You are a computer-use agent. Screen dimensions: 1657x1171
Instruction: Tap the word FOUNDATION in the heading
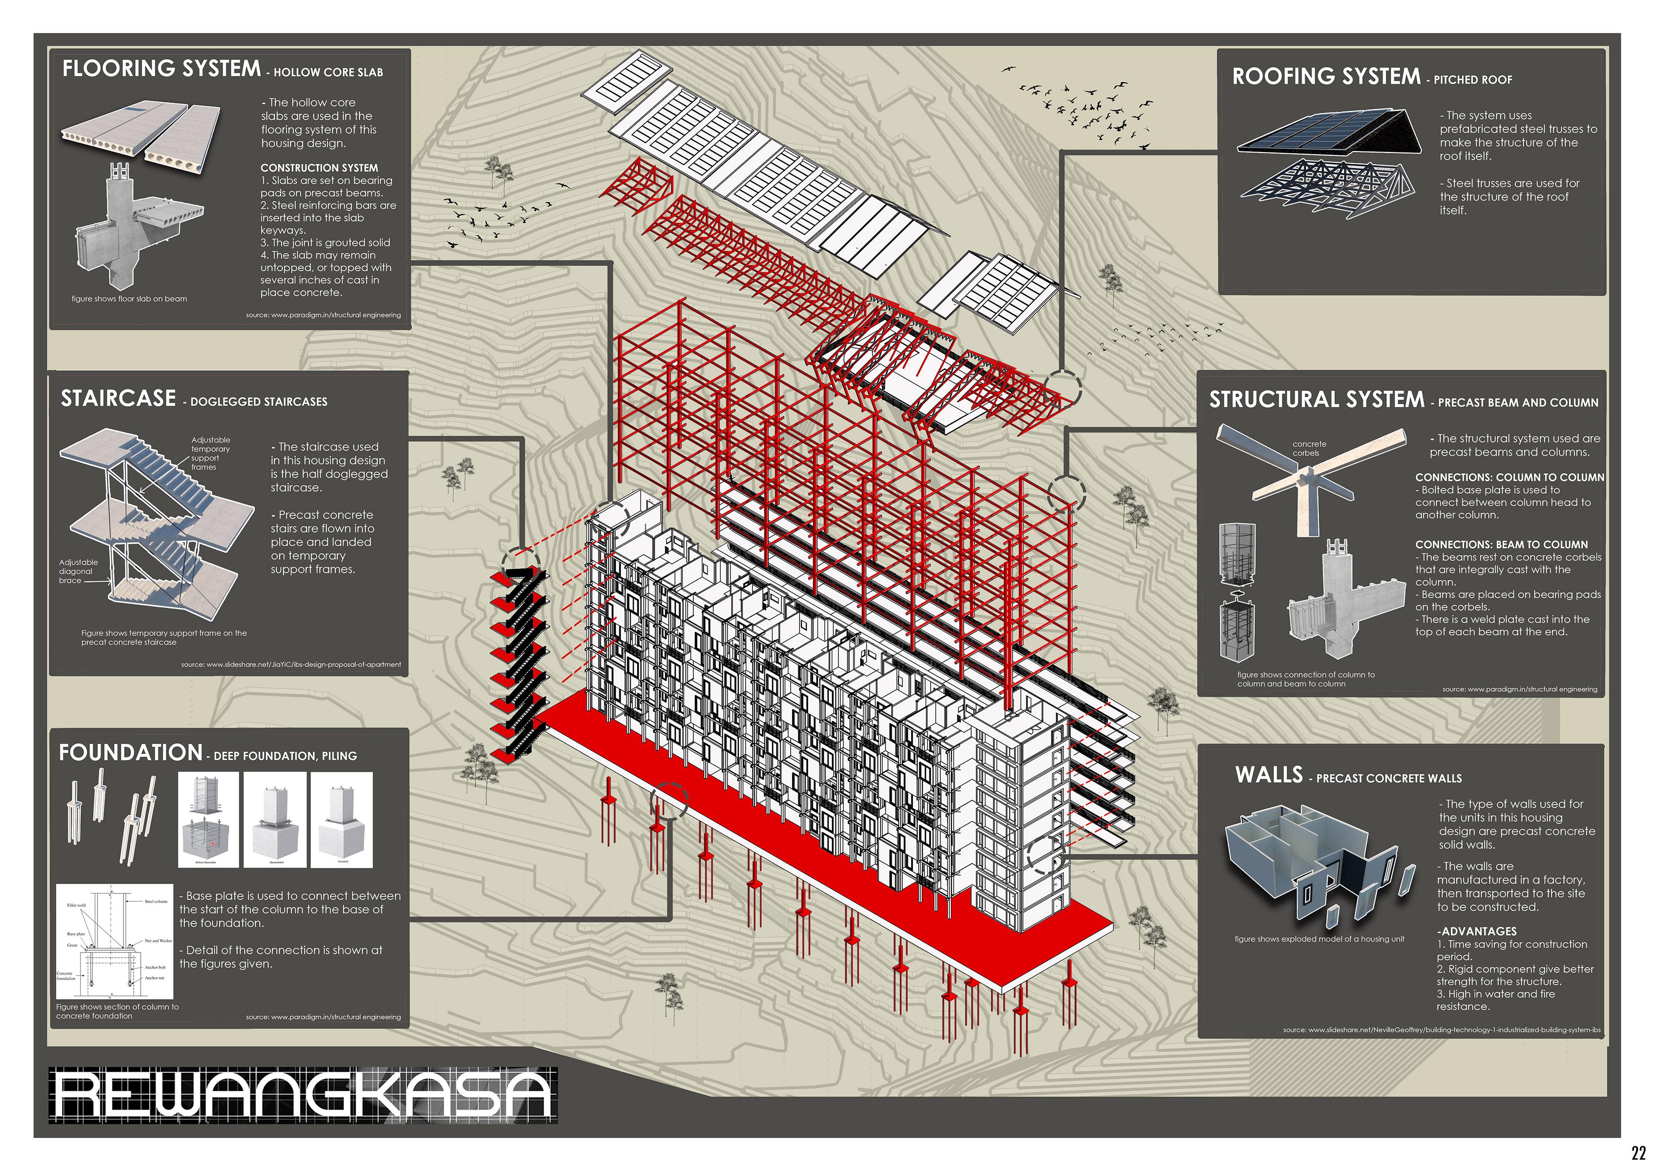130,753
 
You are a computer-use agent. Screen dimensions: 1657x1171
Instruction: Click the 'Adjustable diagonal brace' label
78,571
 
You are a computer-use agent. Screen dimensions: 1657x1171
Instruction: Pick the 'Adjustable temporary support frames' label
210,453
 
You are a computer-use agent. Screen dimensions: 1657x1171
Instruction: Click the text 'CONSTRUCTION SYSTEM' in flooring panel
319,168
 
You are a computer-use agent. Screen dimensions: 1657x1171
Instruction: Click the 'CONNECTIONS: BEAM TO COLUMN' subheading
1501,545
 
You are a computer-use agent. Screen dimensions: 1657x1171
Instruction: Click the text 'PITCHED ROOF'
1472,80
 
